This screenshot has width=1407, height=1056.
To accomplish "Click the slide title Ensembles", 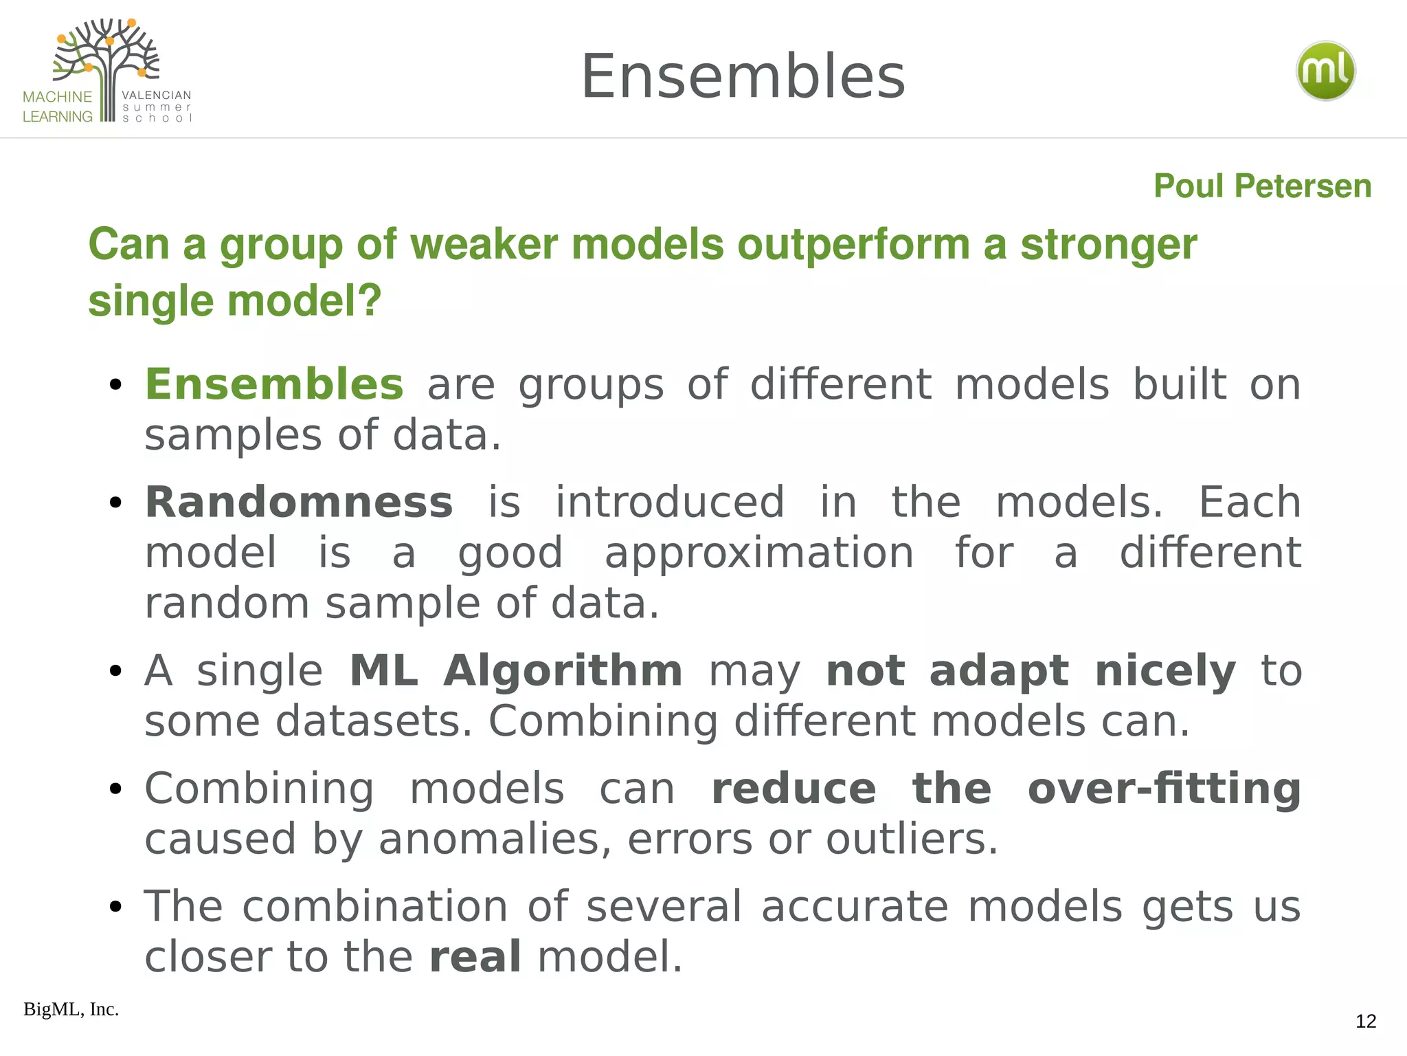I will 743,77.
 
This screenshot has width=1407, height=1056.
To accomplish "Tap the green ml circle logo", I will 1325,71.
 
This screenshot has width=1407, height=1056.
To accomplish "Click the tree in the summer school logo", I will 106,58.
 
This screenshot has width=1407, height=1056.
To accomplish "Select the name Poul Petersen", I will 1262,186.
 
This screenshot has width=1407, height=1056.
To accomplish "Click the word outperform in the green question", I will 853,245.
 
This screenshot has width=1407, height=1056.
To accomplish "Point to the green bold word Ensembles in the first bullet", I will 274,384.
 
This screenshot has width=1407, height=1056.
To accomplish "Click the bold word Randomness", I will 299,503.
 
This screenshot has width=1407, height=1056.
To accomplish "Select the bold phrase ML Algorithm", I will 515,671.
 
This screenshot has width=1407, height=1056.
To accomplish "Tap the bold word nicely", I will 1165,671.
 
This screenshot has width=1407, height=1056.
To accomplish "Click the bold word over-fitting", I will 1164,789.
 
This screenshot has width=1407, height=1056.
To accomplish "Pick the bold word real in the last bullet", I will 475,957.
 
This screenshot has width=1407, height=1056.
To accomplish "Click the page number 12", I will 1366,1022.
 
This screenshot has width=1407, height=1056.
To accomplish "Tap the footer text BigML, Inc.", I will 71,1009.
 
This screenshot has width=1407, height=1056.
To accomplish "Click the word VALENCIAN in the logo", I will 157,96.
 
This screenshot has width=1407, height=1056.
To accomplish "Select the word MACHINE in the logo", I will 57,97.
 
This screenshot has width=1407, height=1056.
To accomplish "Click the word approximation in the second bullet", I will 758,553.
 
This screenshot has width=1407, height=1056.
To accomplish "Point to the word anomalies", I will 489,839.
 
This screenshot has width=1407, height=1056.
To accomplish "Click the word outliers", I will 911,839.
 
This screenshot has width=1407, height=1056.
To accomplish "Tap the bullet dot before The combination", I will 115,907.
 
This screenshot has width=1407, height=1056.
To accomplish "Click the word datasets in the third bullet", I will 374,722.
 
